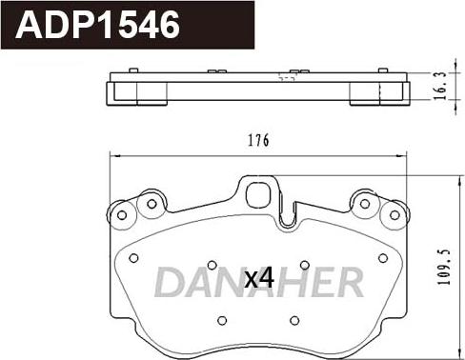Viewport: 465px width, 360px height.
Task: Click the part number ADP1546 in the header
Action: coord(98,25)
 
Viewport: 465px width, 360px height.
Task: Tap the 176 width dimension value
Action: coord(258,141)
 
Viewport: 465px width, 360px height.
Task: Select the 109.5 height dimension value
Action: coord(445,267)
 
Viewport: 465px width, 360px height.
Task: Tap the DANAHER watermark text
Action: coord(259,282)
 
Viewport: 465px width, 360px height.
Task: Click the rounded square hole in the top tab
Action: coord(258,194)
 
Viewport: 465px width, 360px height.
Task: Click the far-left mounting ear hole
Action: coord(122,215)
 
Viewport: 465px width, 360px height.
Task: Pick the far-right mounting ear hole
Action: coord(394,215)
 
